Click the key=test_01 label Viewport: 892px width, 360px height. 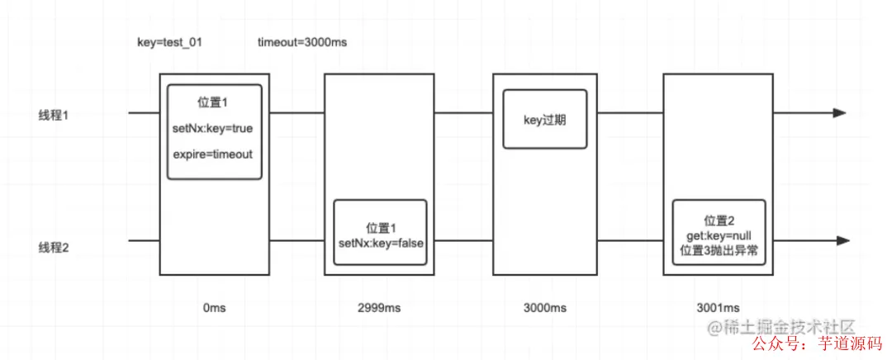(168, 41)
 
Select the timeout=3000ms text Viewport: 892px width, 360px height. (301, 41)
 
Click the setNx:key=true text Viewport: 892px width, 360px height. (214, 128)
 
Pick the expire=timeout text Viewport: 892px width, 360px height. (214, 154)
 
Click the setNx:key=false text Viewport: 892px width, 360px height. (381, 242)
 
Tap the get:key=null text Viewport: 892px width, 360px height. (719, 235)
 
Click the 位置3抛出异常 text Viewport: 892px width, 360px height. (719, 249)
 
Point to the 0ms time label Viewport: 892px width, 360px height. (213, 307)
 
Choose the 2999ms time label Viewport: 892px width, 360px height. (380, 307)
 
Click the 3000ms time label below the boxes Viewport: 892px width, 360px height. (546, 307)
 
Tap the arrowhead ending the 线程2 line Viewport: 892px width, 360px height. (842, 240)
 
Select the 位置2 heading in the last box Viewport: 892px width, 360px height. (719, 220)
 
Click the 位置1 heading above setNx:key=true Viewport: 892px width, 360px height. (213, 102)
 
